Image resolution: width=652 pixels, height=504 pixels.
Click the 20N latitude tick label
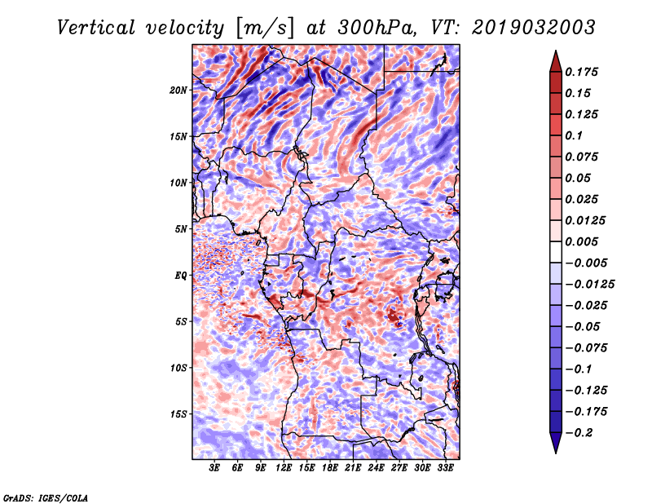178,91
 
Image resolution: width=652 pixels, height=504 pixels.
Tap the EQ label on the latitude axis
181,276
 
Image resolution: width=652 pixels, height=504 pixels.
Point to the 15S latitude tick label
178,414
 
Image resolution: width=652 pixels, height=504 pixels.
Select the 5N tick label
181,229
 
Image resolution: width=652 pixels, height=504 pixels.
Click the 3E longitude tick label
214,468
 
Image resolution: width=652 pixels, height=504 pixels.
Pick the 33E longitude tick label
445,468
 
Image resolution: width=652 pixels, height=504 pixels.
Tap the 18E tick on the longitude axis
330,468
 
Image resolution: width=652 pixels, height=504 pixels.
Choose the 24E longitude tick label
376,468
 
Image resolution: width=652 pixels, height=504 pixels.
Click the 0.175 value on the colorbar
581,72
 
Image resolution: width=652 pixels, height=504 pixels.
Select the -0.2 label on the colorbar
579,433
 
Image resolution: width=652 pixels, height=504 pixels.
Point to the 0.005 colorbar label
581,241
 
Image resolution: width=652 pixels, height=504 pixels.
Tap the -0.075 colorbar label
586,348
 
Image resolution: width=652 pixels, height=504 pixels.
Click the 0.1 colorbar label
574,135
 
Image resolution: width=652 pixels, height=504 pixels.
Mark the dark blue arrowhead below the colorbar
556,442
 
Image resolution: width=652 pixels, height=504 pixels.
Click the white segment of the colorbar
556,252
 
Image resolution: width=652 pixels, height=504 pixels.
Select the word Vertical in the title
96,28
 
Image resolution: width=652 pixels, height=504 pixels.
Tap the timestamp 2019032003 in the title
534,28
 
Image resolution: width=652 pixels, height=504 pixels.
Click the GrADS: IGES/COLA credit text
46,497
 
